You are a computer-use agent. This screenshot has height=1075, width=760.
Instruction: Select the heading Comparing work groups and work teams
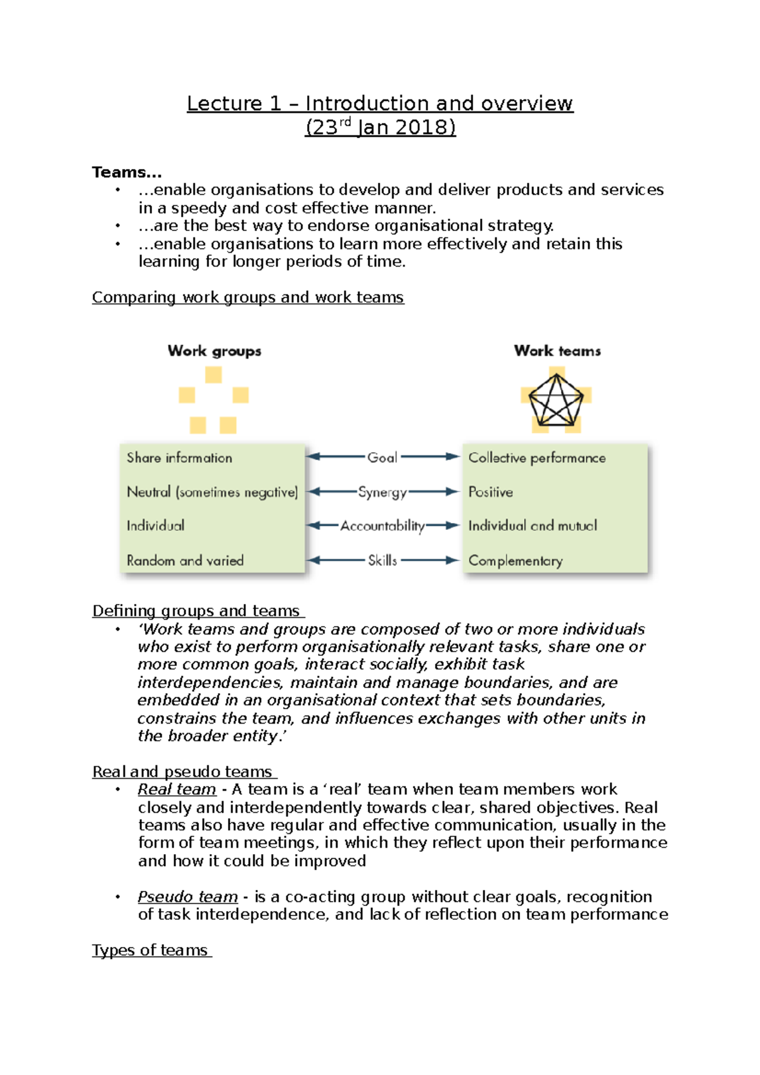pyautogui.click(x=248, y=298)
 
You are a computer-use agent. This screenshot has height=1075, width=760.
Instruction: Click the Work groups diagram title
pyautogui.click(x=214, y=351)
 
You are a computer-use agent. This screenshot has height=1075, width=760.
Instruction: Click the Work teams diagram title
pyautogui.click(x=557, y=351)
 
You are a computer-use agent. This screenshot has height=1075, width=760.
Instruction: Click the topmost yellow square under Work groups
pyautogui.click(x=213, y=375)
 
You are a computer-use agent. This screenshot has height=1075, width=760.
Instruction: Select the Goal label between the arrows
pyautogui.click(x=382, y=457)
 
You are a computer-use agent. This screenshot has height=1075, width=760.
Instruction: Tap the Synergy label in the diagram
pyautogui.click(x=382, y=492)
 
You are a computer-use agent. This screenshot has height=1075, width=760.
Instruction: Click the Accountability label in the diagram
pyautogui.click(x=382, y=525)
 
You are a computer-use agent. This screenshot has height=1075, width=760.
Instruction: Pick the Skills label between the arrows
pyautogui.click(x=383, y=560)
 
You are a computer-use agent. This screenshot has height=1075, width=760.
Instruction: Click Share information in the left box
pyautogui.click(x=179, y=458)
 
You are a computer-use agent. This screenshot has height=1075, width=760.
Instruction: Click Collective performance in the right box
pyautogui.click(x=537, y=458)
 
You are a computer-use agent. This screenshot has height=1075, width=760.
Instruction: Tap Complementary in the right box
pyautogui.click(x=516, y=561)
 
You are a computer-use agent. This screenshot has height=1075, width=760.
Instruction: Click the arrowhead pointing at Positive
pyautogui.click(x=452, y=492)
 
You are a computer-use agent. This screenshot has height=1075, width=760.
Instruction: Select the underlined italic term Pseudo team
pyautogui.click(x=187, y=897)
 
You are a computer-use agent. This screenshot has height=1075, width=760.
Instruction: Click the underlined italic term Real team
pyautogui.click(x=177, y=789)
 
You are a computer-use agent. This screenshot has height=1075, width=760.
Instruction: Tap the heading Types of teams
pyautogui.click(x=150, y=950)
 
